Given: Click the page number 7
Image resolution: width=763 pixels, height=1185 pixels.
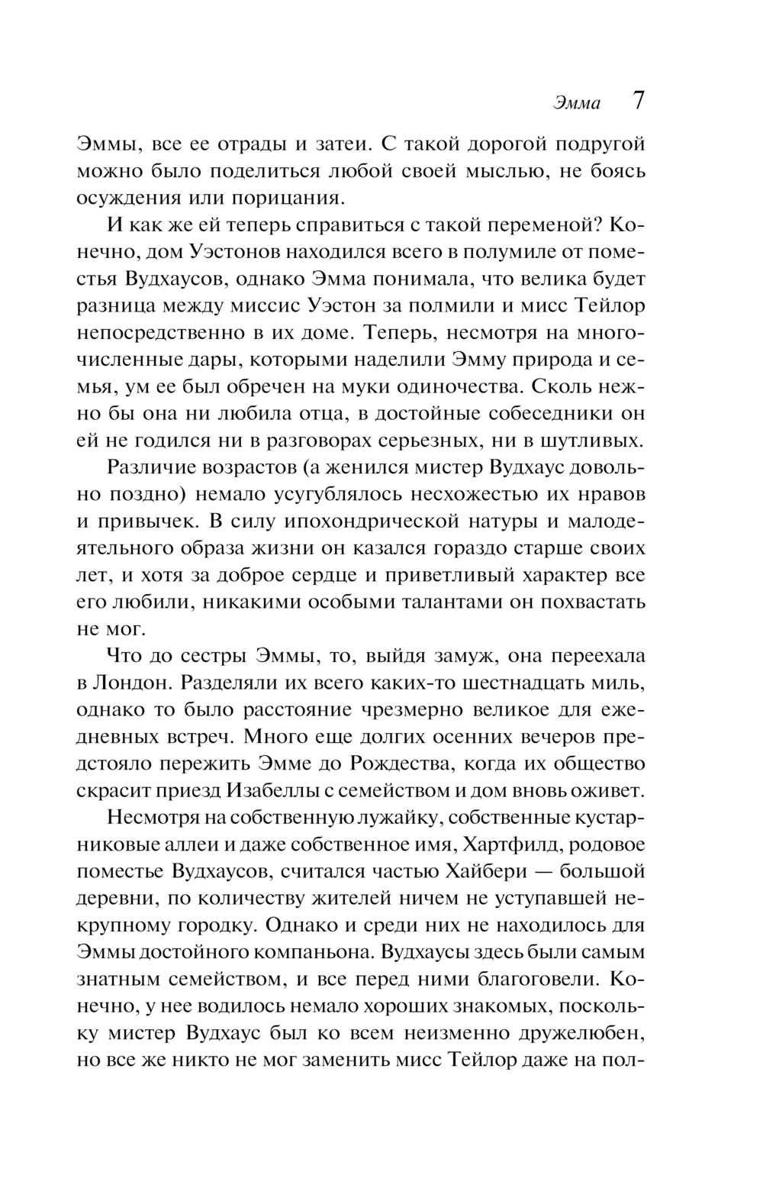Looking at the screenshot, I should (x=638, y=102).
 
